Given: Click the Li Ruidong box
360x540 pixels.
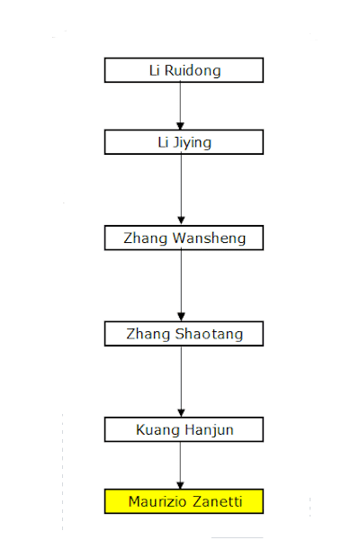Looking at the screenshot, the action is [184, 70].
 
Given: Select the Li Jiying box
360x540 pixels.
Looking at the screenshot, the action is [184, 142].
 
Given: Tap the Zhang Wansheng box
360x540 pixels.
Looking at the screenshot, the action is [184, 238].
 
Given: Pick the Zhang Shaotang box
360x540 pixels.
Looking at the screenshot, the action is [184, 334].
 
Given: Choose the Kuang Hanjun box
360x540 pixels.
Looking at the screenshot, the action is [184, 429].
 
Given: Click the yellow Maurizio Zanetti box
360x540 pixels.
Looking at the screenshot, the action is [184, 501].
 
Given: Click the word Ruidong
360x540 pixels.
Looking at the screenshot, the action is [193, 70].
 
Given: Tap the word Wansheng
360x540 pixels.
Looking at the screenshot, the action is [209, 238].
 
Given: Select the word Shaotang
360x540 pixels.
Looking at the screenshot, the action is [209, 334].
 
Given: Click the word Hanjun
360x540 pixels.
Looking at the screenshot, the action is [209, 430].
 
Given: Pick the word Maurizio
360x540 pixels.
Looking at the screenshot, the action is [157, 501].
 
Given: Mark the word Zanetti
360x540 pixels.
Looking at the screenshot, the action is [218, 501].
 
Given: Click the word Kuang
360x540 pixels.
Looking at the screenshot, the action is [158, 430].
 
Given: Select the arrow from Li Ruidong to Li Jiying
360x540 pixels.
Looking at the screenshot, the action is [180, 106].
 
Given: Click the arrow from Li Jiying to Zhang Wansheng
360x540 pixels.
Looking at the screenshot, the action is [181, 190].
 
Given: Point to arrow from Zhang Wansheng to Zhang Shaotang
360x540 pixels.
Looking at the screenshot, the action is [181, 285].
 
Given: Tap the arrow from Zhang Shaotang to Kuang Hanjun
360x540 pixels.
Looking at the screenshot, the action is [181, 382].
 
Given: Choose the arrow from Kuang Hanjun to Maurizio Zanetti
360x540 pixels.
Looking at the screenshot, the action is [180, 465].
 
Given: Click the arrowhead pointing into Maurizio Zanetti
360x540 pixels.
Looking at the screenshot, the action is [180, 486].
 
